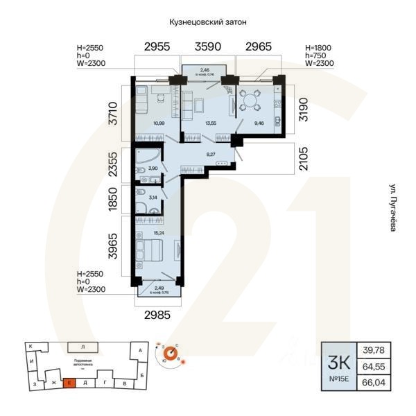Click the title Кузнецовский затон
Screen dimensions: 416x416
208,23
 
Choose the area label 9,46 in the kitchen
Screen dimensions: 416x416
259,123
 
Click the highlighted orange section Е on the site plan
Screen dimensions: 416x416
70,382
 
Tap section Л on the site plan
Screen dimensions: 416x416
83,345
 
